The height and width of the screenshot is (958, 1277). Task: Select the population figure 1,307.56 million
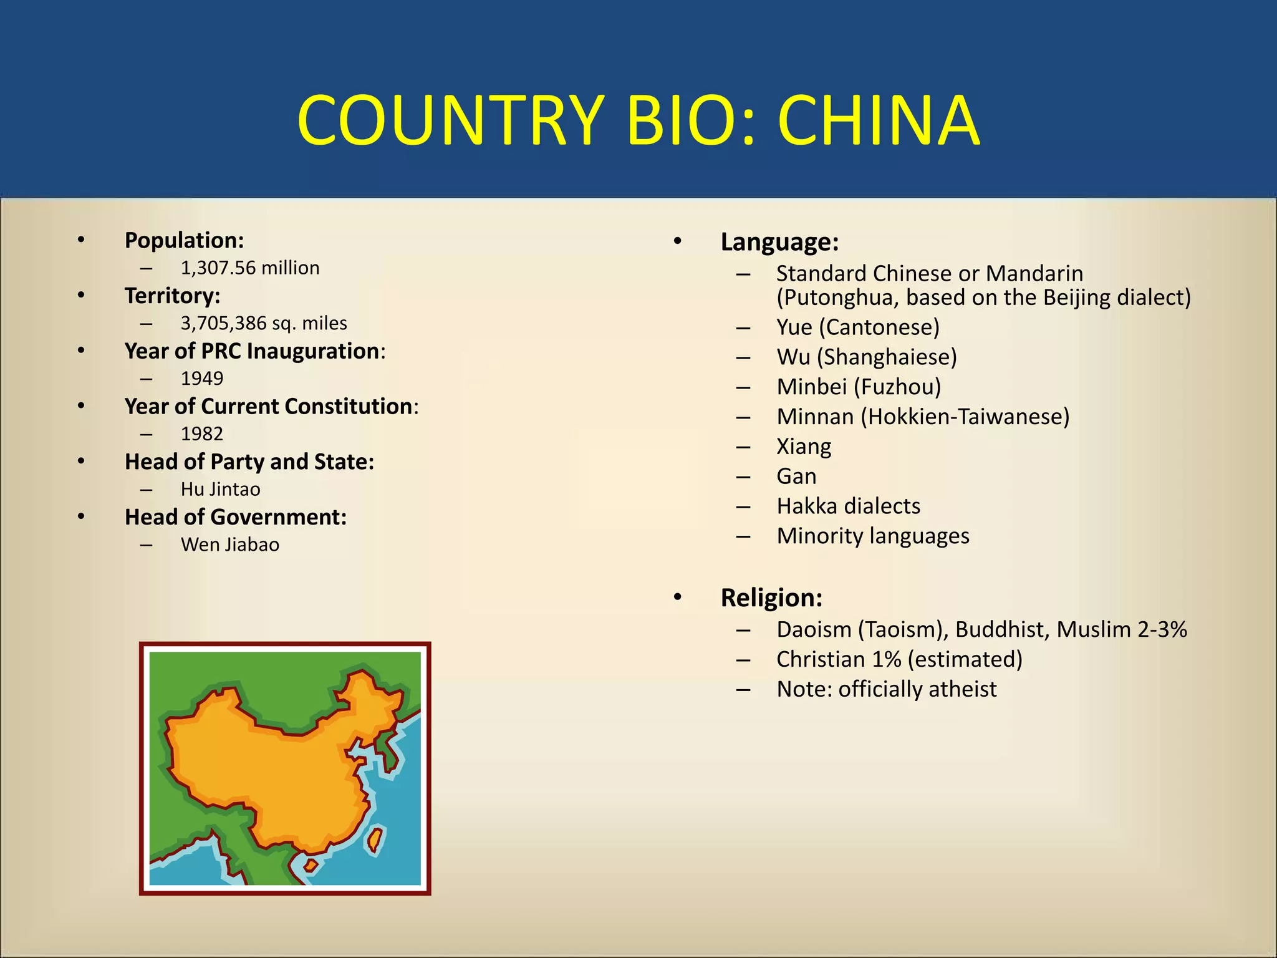coord(249,268)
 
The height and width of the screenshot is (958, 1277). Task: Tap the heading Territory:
coord(172,296)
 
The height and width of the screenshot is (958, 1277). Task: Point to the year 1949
coord(201,379)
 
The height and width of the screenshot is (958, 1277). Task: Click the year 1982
coord(201,434)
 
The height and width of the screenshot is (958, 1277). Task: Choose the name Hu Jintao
coord(220,490)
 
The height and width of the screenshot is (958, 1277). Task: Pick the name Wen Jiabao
coord(229,545)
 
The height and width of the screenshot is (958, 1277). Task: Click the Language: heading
coord(779,242)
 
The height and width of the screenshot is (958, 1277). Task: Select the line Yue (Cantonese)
coord(857,327)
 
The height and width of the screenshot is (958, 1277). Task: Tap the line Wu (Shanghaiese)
coord(866,357)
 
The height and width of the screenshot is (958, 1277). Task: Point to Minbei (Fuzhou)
coord(858,387)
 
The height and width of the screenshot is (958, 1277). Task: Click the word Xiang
coord(804,447)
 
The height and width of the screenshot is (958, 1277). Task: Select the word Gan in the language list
coord(796,477)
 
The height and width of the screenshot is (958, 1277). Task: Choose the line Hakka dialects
coord(848,506)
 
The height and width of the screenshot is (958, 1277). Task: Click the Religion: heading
coord(771,598)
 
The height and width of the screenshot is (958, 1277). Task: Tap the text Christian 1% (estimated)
coord(899,659)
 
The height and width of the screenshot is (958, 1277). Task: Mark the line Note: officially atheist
coord(886,689)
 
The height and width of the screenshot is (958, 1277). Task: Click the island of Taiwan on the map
coord(375,839)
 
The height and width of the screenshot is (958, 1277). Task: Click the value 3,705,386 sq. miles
coord(263,324)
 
